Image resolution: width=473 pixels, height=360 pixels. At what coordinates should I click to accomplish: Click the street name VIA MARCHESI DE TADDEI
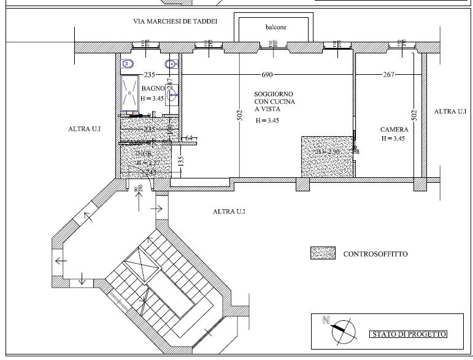[x=175, y=21]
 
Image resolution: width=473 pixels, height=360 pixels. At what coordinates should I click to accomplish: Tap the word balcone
[x=276, y=28]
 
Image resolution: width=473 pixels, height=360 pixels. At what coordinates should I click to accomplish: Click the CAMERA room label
[x=393, y=129]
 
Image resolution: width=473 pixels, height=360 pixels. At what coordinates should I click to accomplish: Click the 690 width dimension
[x=267, y=75]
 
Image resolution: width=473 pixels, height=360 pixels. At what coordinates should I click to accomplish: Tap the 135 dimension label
[x=181, y=161]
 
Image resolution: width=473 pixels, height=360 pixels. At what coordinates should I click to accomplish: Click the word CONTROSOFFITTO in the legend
[x=375, y=253]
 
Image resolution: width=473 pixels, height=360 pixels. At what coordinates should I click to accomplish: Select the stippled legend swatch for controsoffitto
[x=323, y=253]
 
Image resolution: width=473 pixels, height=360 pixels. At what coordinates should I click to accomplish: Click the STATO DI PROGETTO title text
[x=408, y=334]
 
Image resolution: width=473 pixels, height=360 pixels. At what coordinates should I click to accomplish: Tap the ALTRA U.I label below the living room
[x=229, y=212]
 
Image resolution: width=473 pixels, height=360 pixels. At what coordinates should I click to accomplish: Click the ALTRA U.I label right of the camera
[x=451, y=112]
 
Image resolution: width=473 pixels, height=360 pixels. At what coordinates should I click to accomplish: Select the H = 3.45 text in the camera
[x=393, y=139]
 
